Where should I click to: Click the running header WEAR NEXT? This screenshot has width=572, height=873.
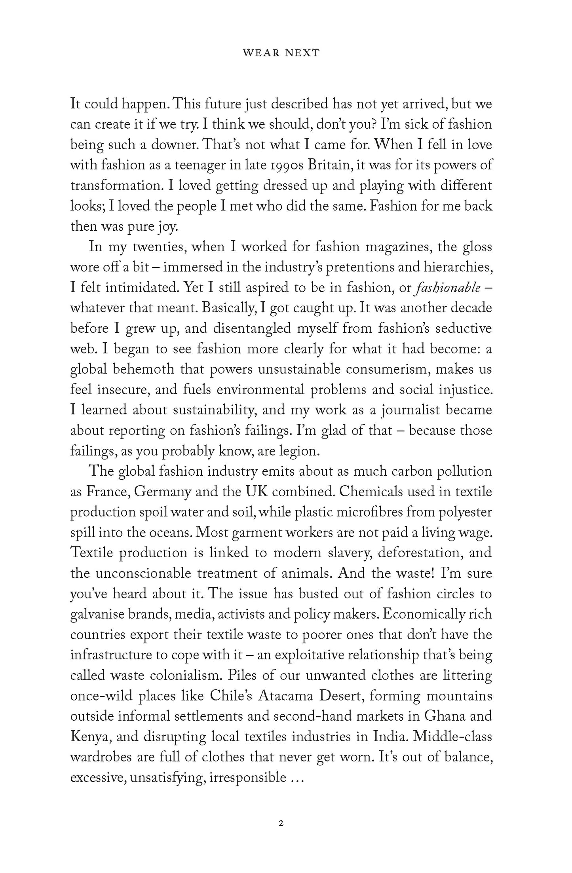click(x=286, y=53)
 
